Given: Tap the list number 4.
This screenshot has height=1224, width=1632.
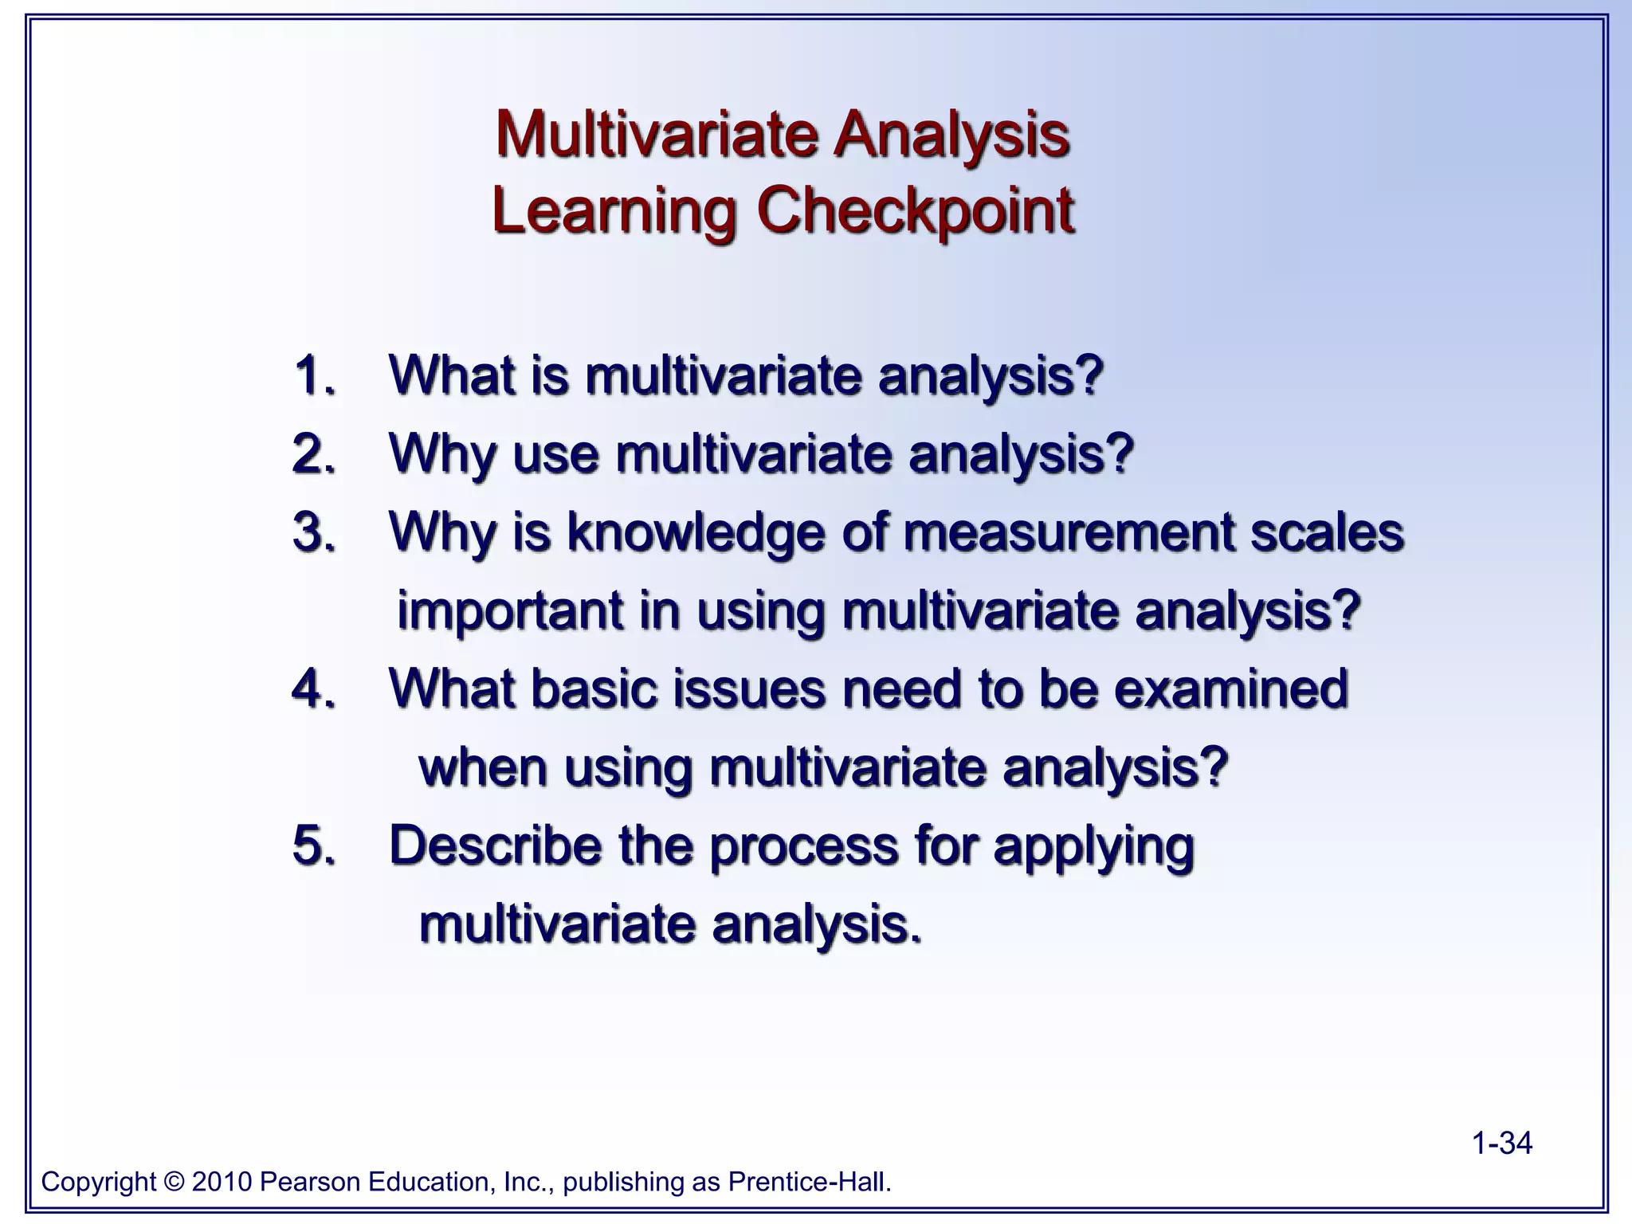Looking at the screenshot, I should (313, 688).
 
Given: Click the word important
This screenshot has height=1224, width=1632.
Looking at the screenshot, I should (510, 611).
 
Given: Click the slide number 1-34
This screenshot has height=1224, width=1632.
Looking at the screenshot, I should (1501, 1144).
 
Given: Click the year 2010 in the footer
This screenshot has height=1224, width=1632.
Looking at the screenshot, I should (222, 1182).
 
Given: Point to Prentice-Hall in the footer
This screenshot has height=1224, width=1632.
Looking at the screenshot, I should (809, 1182).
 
